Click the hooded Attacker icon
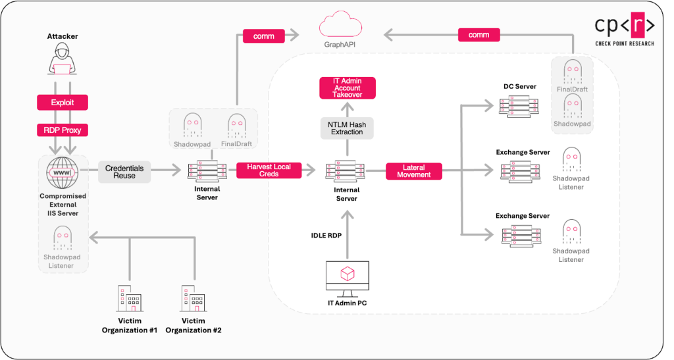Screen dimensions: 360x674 (x=63, y=60)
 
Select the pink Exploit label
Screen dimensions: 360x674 (x=63, y=103)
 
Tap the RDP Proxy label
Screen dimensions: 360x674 (x=63, y=130)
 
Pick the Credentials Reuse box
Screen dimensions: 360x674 (x=124, y=171)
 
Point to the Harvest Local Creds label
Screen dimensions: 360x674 (x=269, y=170)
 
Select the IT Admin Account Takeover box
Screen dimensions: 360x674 (x=347, y=88)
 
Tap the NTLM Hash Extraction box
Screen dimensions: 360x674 (x=347, y=128)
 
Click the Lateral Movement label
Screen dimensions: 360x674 (x=414, y=171)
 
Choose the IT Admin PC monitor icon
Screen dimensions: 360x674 (x=347, y=277)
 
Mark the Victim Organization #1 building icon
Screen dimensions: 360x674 (x=129, y=299)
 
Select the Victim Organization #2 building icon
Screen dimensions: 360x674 (x=193, y=299)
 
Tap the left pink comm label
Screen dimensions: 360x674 (x=263, y=36)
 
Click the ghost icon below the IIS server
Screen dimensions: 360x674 (x=63, y=238)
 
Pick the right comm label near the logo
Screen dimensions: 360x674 (x=479, y=35)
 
